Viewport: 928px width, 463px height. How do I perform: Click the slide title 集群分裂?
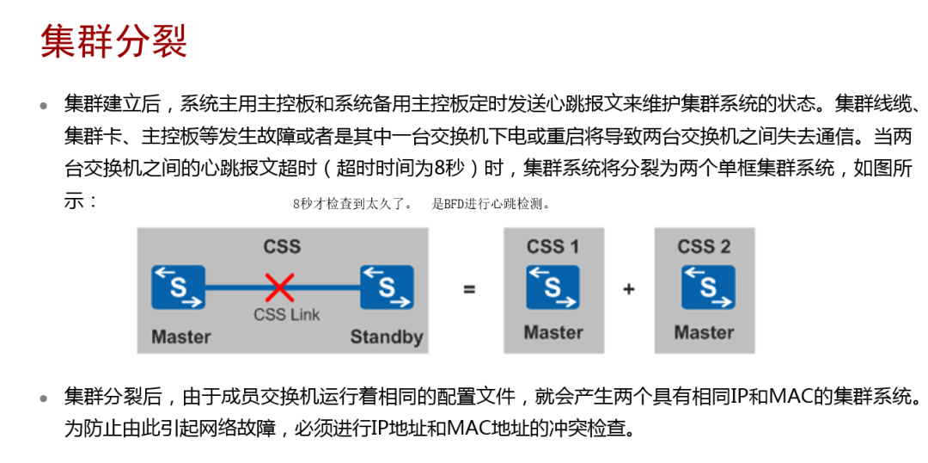[x=114, y=41]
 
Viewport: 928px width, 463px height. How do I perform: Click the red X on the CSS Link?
[x=279, y=287]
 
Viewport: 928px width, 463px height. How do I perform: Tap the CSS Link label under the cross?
[x=286, y=315]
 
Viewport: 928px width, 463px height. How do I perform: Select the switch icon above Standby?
[x=386, y=287]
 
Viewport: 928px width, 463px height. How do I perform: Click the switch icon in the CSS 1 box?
[x=553, y=287]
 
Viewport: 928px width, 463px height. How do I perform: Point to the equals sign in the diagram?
[x=469, y=289]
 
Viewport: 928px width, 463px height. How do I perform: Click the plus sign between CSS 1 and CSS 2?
[x=629, y=289]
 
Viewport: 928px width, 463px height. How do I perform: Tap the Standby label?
[x=386, y=336]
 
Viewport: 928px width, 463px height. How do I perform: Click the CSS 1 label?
[x=553, y=247]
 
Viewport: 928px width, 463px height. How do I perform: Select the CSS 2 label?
[x=704, y=247]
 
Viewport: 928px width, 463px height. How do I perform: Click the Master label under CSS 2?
[x=704, y=332]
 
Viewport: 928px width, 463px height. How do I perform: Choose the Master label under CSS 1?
[x=553, y=332]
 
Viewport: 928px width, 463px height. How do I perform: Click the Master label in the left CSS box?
[x=180, y=336]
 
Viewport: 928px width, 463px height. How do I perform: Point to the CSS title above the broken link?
[x=282, y=247]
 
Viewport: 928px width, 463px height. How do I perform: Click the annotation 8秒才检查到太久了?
[x=352, y=205]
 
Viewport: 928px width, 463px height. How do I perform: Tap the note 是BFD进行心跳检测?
[x=491, y=205]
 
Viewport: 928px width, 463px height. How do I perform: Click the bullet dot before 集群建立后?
[x=44, y=106]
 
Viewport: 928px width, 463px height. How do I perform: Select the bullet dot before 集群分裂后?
[x=44, y=398]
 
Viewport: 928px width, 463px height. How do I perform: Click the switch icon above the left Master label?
[x=179, y=287]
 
